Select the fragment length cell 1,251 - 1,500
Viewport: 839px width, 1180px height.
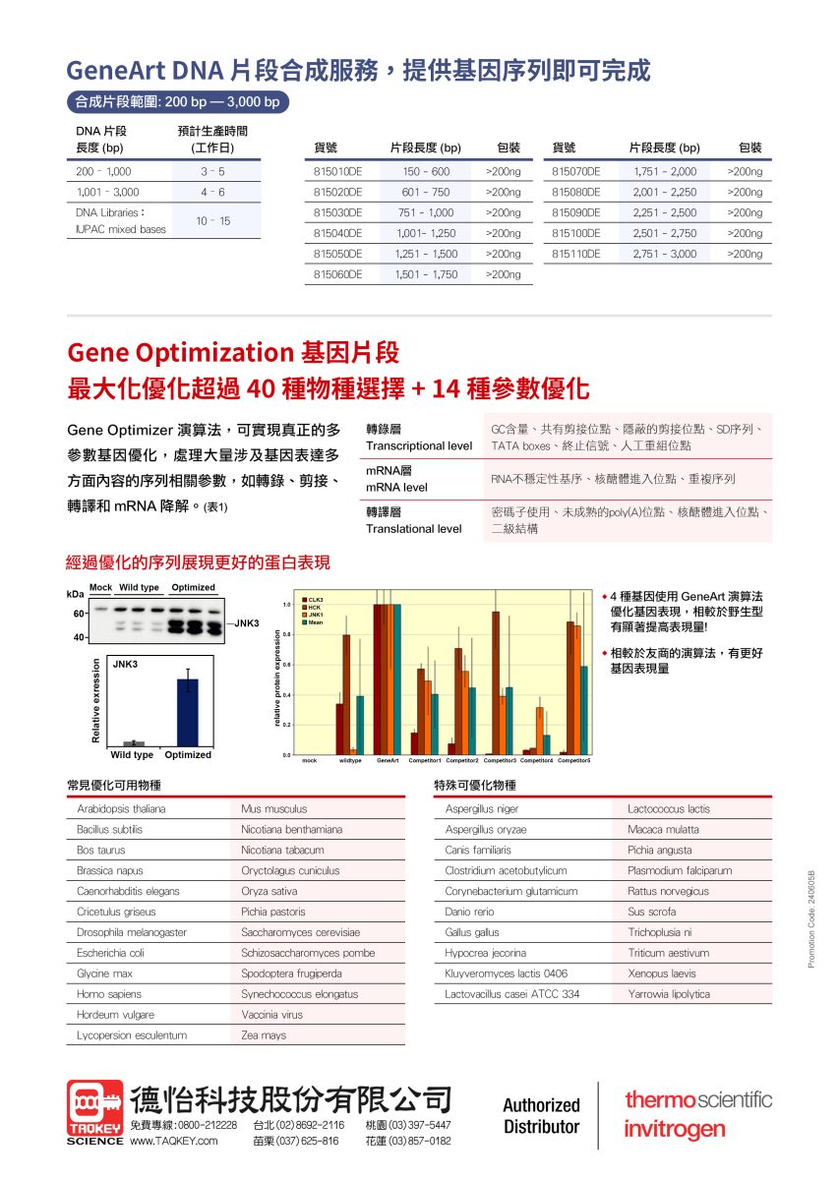(426, 254)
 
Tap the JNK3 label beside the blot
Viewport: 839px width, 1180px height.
(246, 623)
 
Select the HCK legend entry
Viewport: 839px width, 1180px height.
(315, 608)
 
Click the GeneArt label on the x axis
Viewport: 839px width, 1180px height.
(388, 760)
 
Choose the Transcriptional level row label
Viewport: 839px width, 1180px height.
(419, 445)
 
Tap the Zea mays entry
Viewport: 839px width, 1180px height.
(264, 1035)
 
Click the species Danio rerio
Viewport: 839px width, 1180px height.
(469, 912)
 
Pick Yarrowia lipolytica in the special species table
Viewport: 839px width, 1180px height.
(669, 994)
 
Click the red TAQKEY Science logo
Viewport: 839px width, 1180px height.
(95, 1111)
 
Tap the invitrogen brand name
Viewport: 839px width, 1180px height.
(675, 1131)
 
